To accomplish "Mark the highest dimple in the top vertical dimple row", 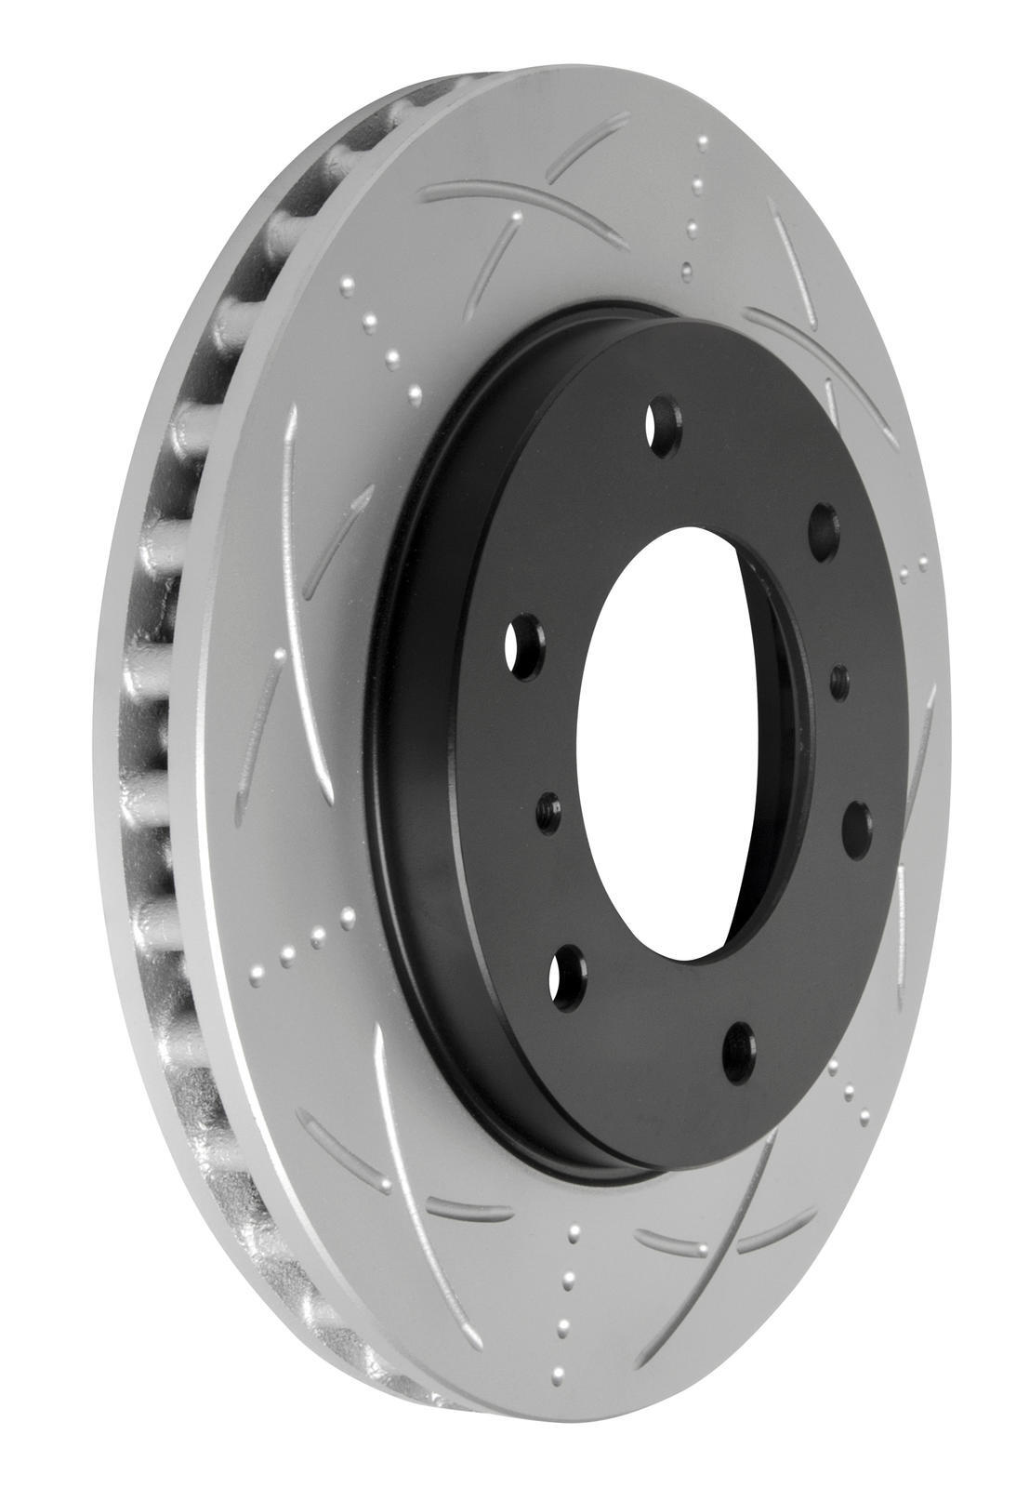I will point(705,142).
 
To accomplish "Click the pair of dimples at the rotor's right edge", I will point(915,565).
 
